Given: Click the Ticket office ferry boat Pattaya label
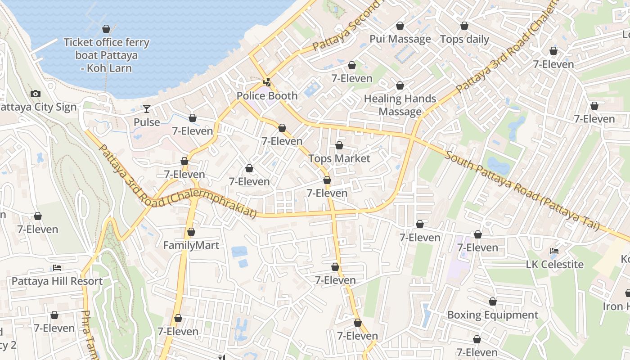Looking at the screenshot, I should pos(106,55).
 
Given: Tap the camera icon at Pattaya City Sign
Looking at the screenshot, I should pos(36,94).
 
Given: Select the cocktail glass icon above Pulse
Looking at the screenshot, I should pos(147,108).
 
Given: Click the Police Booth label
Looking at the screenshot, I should pos(267,96).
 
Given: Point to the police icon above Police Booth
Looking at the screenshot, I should pos(267,82).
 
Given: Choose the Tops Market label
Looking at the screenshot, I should pos(339,158).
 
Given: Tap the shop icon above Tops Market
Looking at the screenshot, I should pos(339,145).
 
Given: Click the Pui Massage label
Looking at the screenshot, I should pos(400,39).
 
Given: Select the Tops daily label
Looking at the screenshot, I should pos(464,39).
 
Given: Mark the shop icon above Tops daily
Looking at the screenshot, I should pos(464,26).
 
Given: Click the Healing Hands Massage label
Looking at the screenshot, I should pos(400,105).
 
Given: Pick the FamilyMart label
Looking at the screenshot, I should pos(191,245).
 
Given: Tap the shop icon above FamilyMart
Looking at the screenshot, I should pos(191,232).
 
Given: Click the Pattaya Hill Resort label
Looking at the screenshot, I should pos(57,281).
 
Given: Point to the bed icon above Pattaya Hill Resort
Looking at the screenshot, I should pos(57,268).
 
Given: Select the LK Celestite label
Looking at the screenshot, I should pos(555,264).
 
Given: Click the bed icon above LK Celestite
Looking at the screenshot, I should pos(555,251).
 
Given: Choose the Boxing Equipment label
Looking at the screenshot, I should pos(493,315).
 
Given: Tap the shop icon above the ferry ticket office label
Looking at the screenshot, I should pos(106,29).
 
